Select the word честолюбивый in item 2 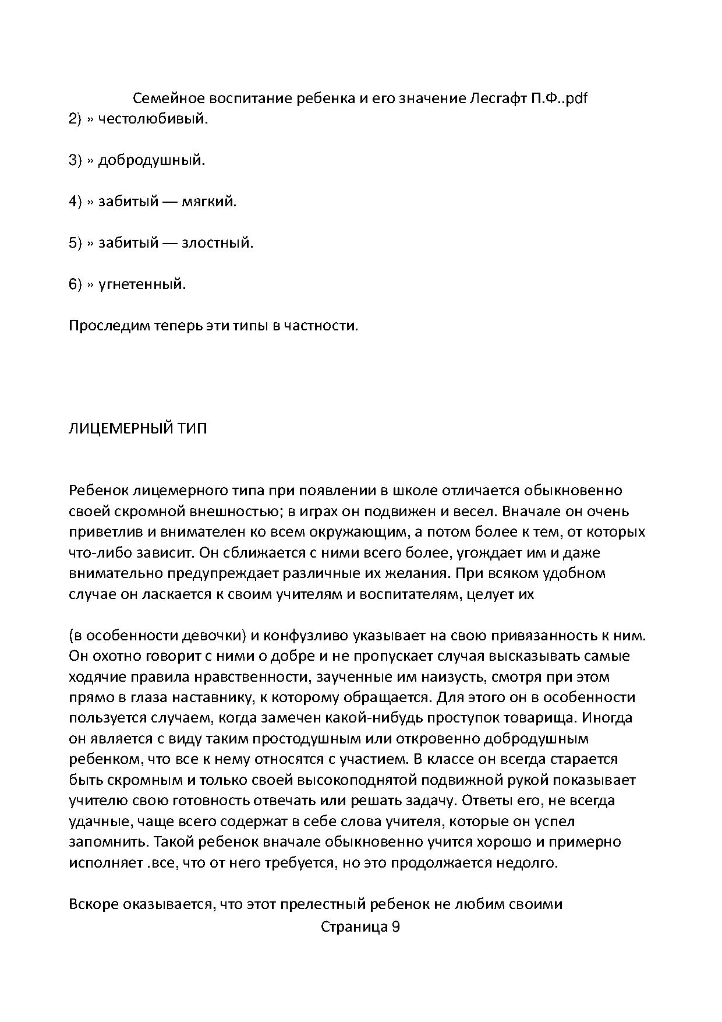[153, 119]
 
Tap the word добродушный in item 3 [151, 160]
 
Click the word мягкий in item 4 [210, 202]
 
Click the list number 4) [76, 202]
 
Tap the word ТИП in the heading [193, 429]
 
